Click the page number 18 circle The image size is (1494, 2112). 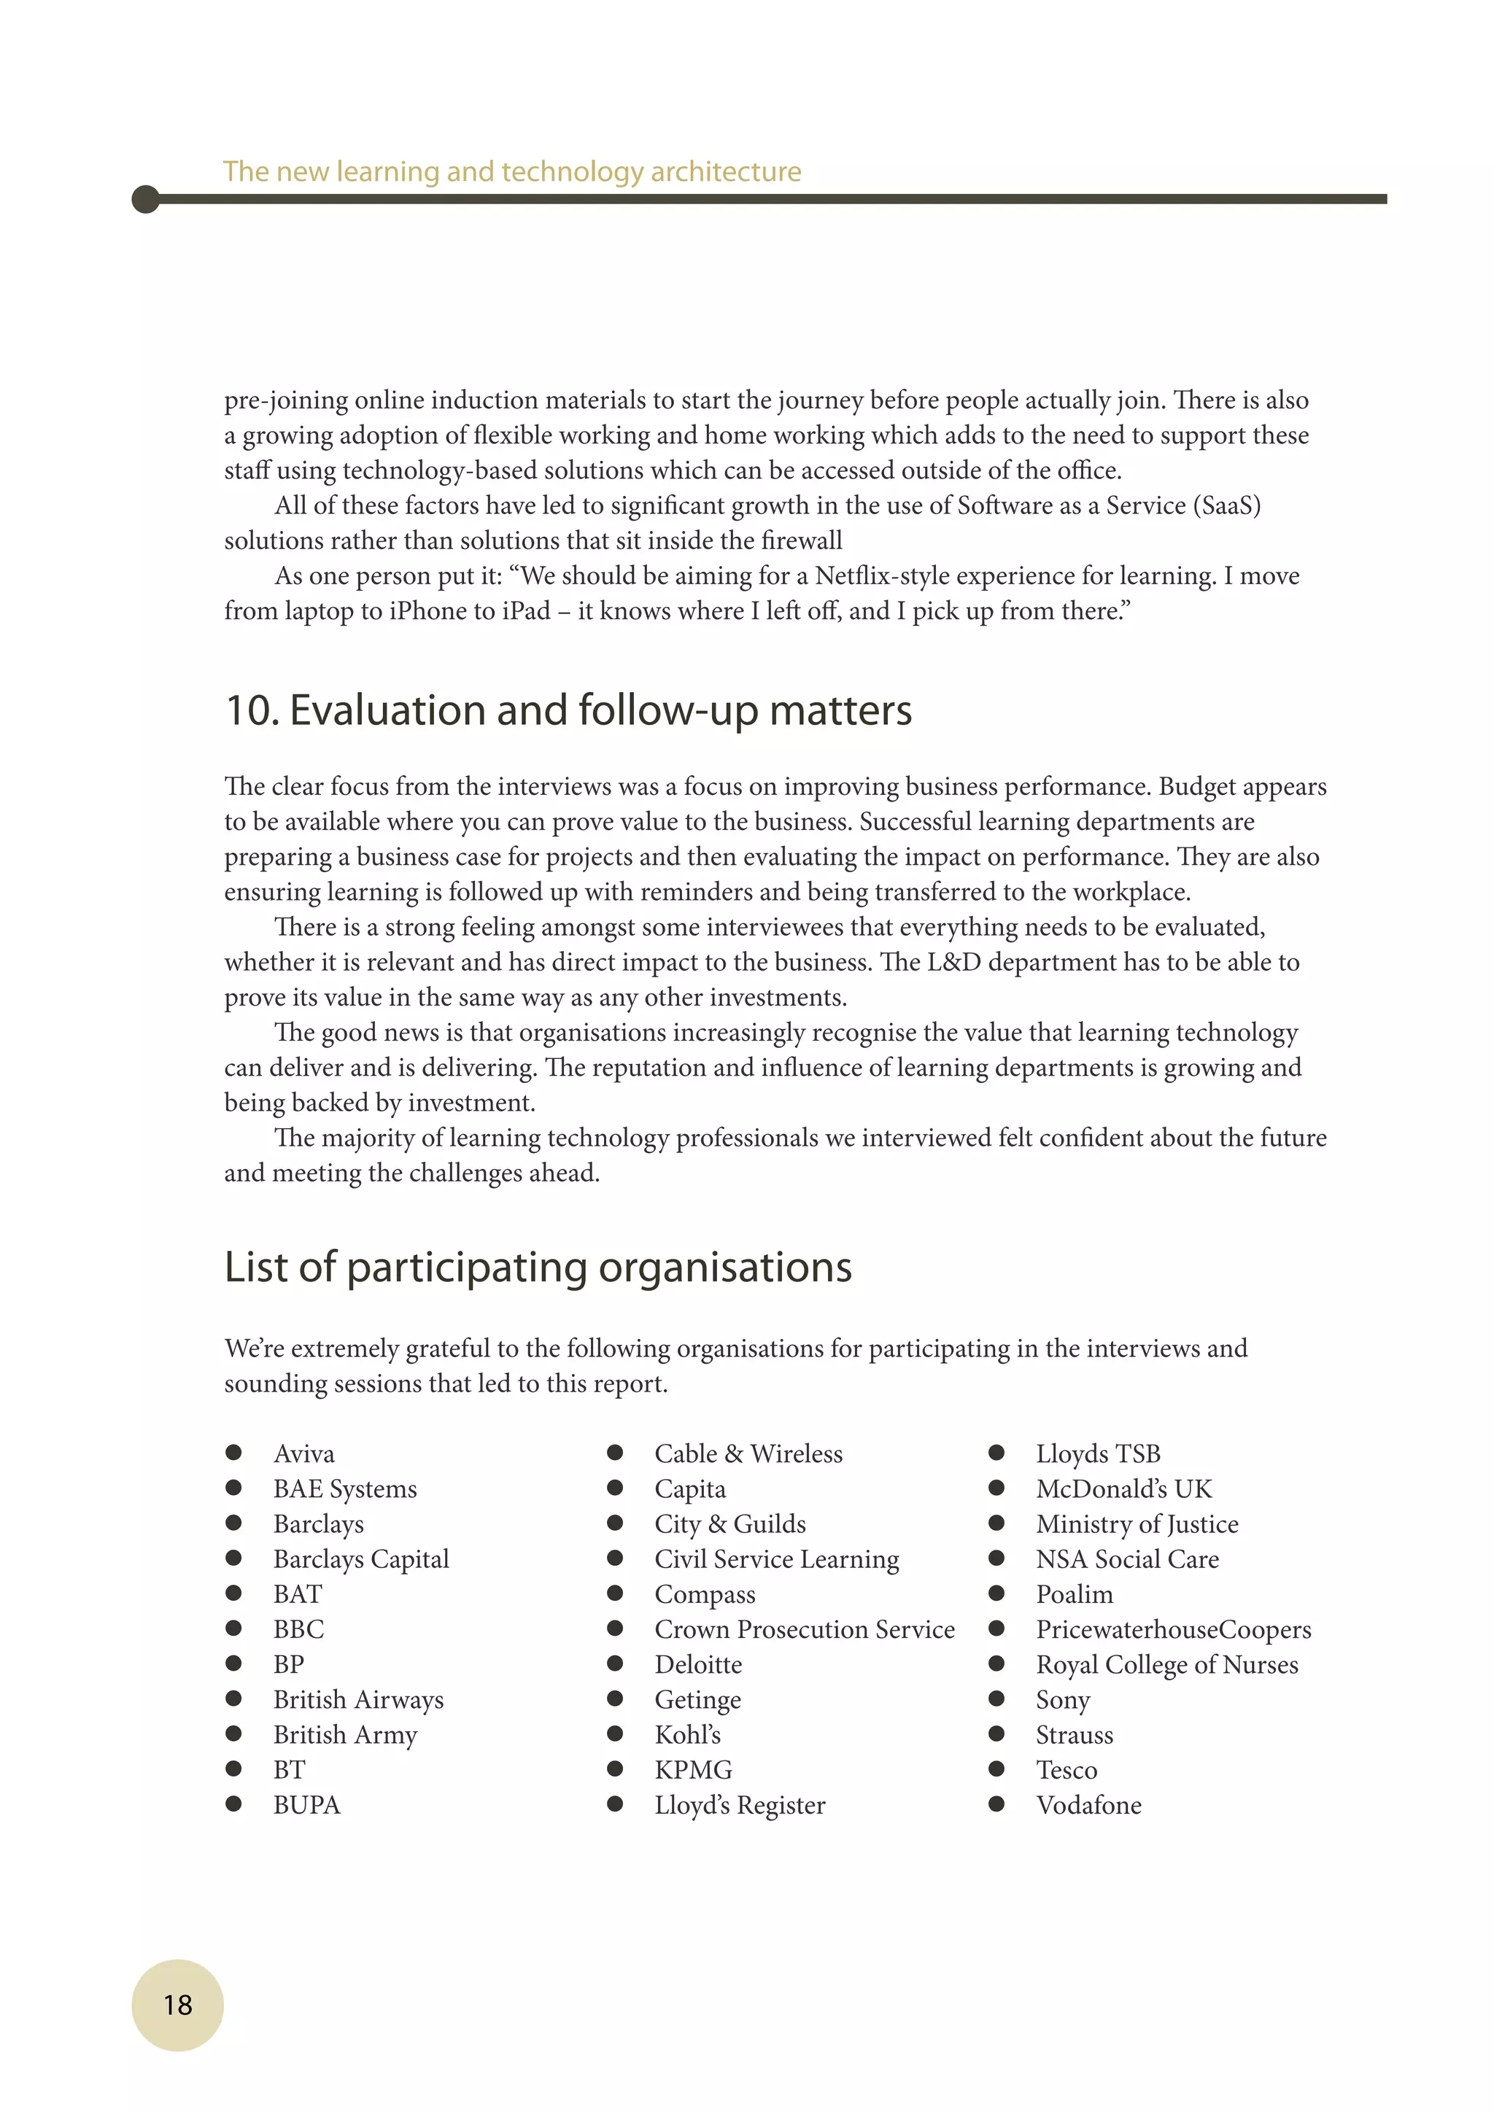tap(177, 2004)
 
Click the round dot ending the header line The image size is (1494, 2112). tap(145, 198)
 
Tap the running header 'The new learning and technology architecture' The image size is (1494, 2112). tap(511, 171)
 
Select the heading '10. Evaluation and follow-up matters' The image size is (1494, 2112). tap(568, 710)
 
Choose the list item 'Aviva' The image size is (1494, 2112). tap(303, 1453)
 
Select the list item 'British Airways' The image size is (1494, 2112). tap(358, 1699)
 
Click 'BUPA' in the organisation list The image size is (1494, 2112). tap(306, 1805)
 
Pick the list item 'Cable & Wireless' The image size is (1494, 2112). tap(748, 1453)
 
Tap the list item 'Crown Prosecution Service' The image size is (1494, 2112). tap(804, 1629)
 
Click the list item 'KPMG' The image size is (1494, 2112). tap(693, 1770)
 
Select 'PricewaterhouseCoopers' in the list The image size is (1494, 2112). tap(1173, 1629)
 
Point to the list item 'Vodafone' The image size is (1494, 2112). tap(1088, 1805)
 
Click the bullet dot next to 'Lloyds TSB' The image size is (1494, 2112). tap(996, 1453)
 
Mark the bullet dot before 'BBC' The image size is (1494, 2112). tap(233, 1628)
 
